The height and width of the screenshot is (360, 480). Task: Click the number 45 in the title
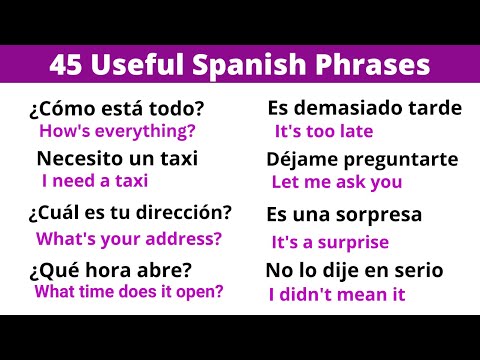66,67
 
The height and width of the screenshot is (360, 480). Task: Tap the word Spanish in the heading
244,67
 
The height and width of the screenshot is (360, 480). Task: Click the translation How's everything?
117,130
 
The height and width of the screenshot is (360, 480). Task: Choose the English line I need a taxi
95,181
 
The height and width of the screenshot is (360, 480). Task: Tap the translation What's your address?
128,238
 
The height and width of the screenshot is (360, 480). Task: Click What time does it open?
128,292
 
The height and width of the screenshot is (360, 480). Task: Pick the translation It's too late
323,131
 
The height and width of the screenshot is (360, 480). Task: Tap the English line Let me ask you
337,182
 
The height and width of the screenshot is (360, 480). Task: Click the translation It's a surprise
329,241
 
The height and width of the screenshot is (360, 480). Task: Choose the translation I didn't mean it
337,294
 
